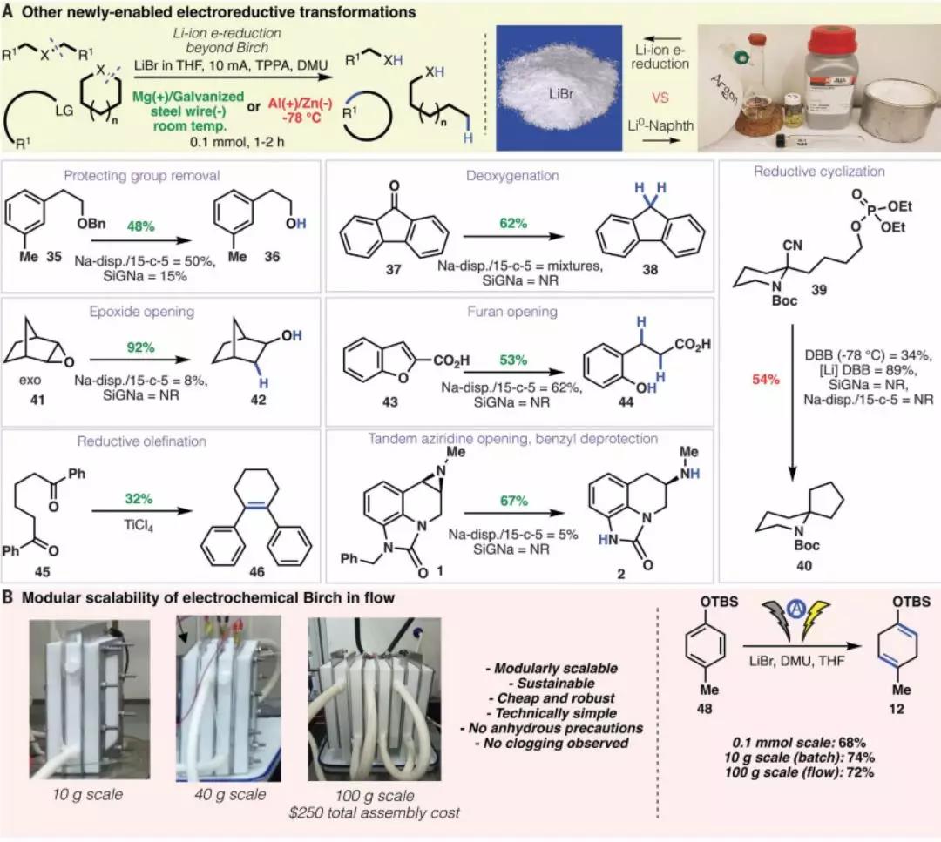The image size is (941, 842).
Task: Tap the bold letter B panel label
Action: pos(9,598)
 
